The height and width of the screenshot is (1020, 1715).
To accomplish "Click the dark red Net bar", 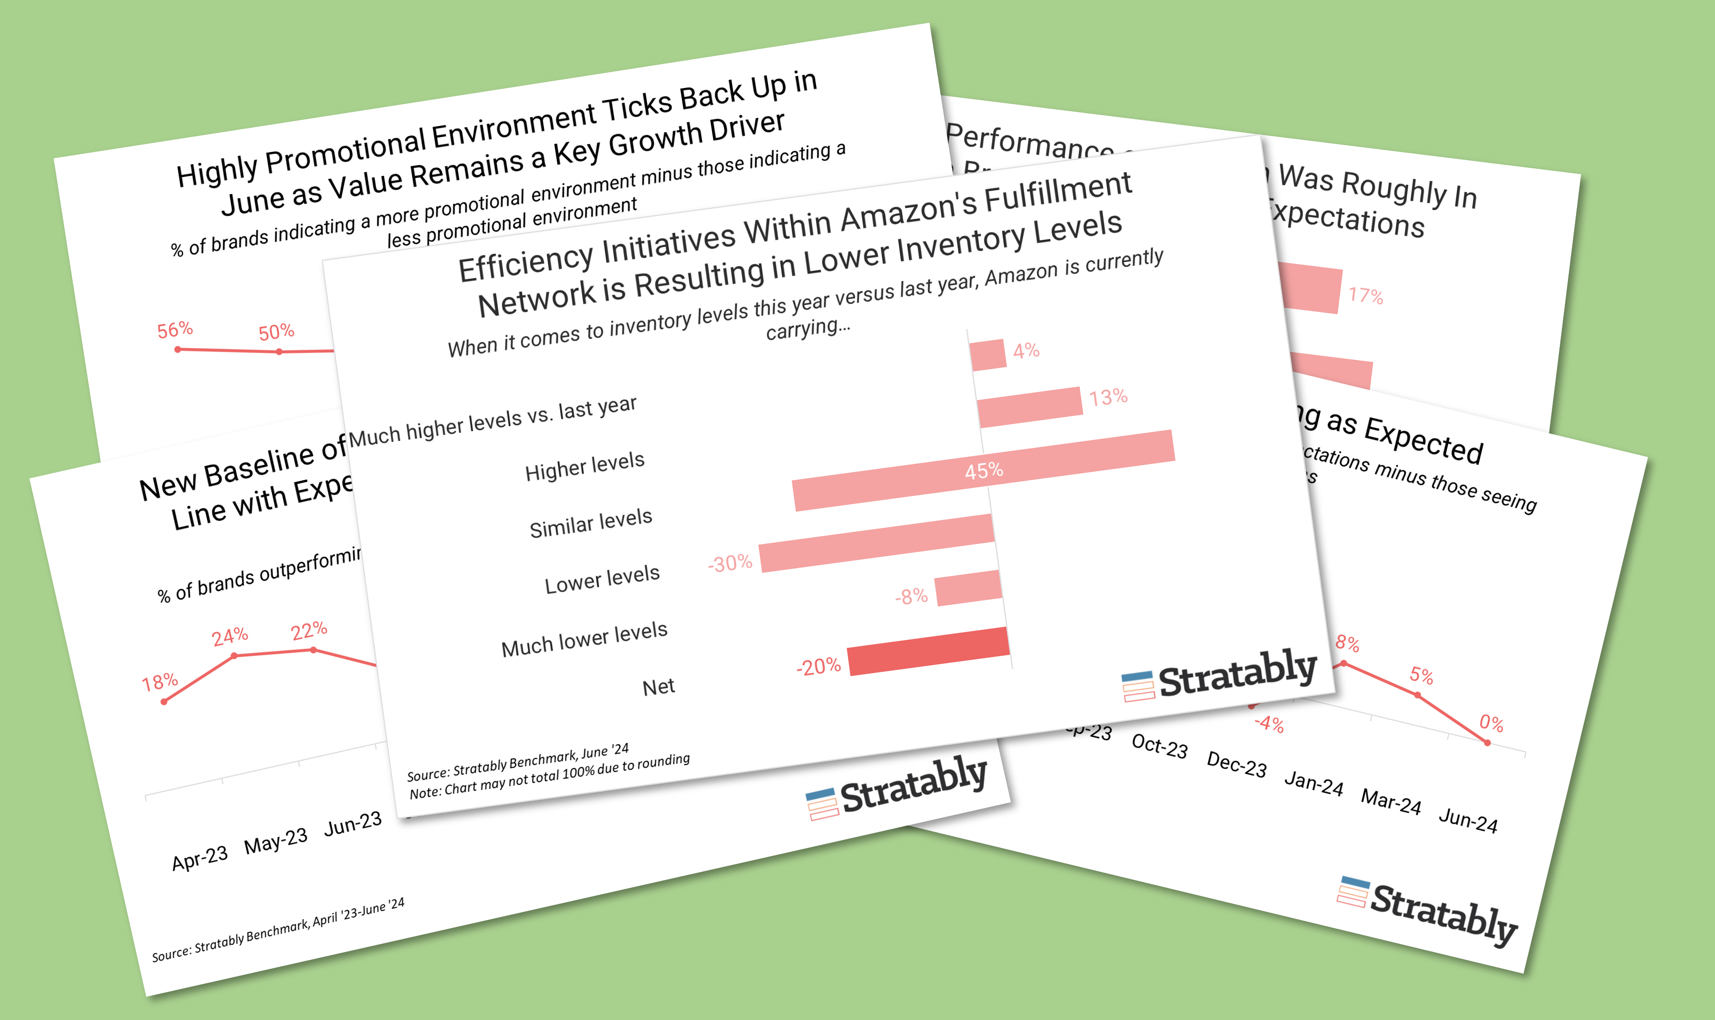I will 928,651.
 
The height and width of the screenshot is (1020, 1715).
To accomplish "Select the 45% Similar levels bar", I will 983,471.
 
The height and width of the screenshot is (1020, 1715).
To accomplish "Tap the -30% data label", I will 730,563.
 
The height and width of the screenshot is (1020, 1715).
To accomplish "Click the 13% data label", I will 1108,397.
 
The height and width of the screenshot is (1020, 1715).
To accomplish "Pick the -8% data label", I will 911,596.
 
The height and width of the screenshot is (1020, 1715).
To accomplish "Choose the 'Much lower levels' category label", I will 584,639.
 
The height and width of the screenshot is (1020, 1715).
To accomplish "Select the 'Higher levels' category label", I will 584,466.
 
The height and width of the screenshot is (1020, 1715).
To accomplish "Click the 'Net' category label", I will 658,687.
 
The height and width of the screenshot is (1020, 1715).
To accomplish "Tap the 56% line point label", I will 175,330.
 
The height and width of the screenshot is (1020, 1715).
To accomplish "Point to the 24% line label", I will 230,636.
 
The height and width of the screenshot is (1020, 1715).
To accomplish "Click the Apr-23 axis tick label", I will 199,858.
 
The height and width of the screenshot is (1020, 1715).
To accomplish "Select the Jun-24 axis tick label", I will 1468,820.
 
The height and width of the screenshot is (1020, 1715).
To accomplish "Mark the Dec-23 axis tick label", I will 1236,764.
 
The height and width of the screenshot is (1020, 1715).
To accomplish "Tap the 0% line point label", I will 1491,723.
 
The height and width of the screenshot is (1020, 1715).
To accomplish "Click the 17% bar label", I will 1365,296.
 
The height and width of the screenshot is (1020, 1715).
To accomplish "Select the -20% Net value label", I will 818,667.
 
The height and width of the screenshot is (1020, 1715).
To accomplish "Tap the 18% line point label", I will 159,682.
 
